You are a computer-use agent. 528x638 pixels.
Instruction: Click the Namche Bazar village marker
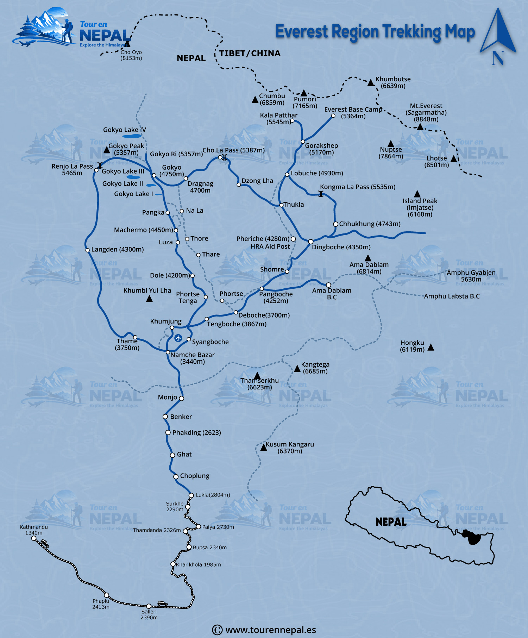tap(168, 352)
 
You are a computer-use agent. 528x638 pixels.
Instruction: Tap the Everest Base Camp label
tap(353, 113)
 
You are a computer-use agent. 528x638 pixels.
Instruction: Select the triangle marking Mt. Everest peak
tap(420, 127)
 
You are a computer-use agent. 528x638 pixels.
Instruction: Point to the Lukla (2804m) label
tap(213, 495)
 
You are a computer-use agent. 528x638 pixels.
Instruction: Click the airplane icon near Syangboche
tap(178, 338)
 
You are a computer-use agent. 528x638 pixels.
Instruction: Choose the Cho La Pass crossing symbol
tap(224, 157)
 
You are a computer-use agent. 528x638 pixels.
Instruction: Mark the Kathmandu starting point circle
tap(34, 538)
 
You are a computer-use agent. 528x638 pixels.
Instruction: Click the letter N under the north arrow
tap(498, 58)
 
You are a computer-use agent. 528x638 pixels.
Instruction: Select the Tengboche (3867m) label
tap(237, 324)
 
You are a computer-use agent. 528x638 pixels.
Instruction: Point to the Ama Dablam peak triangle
tap(368, 258)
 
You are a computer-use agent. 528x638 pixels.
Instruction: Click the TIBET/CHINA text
tap(250, 54)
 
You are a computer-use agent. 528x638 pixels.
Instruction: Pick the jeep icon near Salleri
tap(162, 603)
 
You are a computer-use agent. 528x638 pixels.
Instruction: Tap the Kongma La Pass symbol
tap(321, 194)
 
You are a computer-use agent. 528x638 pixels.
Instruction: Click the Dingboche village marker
tap(311, 242)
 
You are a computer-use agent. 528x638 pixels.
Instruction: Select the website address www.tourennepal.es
tap(270, 630)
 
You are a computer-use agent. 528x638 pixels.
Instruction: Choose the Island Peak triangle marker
tap(417, 194)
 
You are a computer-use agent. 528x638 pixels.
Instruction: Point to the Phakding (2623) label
tap(196, 432)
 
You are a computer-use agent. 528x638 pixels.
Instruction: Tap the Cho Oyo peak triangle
tap(128, 44)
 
